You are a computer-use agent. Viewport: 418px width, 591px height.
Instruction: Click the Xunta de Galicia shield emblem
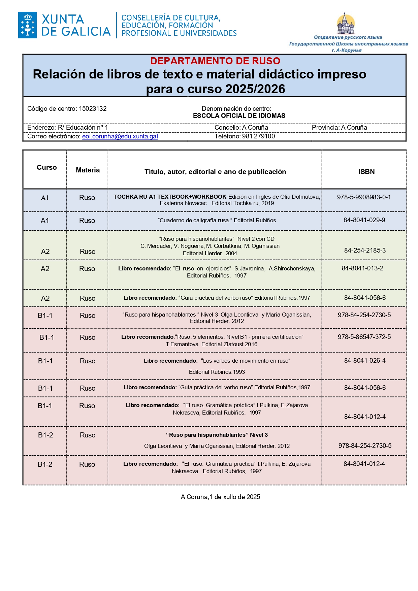tap(27, 25)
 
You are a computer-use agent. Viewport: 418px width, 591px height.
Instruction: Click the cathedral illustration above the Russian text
tap(346, 24)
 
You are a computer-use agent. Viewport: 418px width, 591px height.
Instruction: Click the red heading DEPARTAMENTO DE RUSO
tap(215, 61)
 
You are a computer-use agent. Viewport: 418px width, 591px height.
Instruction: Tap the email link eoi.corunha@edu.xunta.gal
tap(120, 136)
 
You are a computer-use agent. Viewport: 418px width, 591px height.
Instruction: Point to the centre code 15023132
tap(93, 109)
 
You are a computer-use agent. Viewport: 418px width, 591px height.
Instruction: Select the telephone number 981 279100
tap(258, 136)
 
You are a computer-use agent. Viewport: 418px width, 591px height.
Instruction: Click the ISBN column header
tap(366, 172)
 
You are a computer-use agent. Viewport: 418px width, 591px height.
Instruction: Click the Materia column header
tap(88, 170)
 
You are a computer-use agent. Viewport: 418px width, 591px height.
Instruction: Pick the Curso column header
tap(46, 167)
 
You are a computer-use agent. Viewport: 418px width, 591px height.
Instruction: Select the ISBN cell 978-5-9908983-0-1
tap(364, 197)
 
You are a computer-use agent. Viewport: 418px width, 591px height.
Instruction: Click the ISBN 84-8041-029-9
tap(364, 220)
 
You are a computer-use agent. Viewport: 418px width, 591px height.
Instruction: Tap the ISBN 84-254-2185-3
tap(365, 251)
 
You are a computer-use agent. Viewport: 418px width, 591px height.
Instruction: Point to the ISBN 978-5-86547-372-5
tap(364, 337)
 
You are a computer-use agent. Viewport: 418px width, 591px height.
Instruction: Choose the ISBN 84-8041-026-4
tap(365, 361)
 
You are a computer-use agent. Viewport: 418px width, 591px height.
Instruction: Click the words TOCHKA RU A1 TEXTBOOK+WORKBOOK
tap(170, 197)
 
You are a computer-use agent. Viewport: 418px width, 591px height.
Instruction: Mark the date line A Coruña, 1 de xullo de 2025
tap(220, 497)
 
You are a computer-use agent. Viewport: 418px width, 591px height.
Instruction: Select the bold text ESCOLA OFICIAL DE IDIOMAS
tap(239, 116)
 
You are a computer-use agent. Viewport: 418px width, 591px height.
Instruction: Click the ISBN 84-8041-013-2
tap(362, 268)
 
